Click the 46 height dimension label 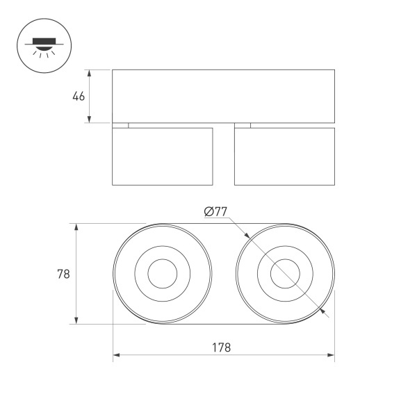click(79, 97)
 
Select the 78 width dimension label click(63, 274)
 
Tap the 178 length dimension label click(222, 347)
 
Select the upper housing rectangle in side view click(223, 96)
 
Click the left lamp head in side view click(163, 156)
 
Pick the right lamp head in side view click(284, 156)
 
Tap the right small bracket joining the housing click(243, 125)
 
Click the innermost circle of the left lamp click(163, 274)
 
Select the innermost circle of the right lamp click(285, 274)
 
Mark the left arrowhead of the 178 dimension click(116, 355)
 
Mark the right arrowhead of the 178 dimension click(332, 355)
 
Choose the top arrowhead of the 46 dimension click(90, 73)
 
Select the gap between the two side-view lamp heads click(224, 156)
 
